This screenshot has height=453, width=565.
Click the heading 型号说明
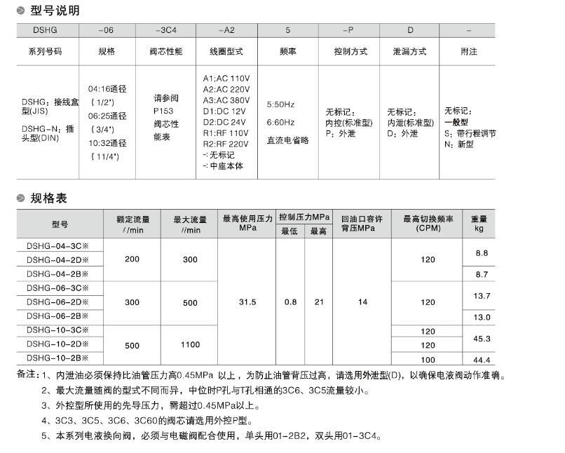click(55, 11)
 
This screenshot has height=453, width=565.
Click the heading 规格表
click(48, 198)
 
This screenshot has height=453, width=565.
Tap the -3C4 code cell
click(166, 31)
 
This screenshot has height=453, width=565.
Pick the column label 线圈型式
click(226, 52)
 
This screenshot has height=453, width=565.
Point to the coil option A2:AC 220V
click(226, 89)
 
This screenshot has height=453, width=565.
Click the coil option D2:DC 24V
click(225, 121)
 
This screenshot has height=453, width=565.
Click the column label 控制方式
click(351, 52)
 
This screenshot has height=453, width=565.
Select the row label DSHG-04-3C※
click(57, 245)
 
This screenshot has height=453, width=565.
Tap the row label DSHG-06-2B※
click(57, 316)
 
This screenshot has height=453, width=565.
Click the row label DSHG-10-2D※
click(57, 344)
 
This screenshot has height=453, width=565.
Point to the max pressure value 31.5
click(247, 302)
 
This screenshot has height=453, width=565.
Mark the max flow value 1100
click(190, 345)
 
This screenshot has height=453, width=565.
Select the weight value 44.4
click(481, 360)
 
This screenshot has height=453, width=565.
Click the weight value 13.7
click(482, 296)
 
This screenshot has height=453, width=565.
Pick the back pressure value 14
click(362, 302)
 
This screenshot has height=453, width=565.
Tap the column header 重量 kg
click(479, 224)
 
